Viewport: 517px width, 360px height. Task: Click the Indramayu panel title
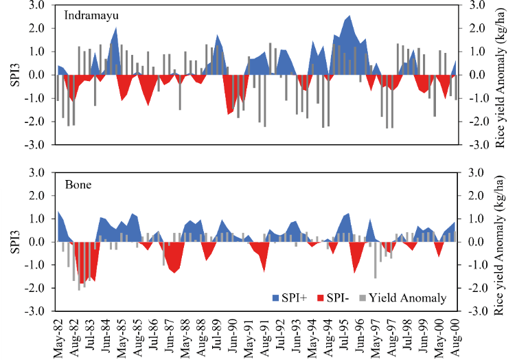pyautogui.click(x=91, y=16)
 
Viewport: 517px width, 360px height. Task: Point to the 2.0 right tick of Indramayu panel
pyautogui.click(x=476, y=29)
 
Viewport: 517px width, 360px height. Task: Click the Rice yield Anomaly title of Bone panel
pyautogui.click(x=501, y=242)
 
